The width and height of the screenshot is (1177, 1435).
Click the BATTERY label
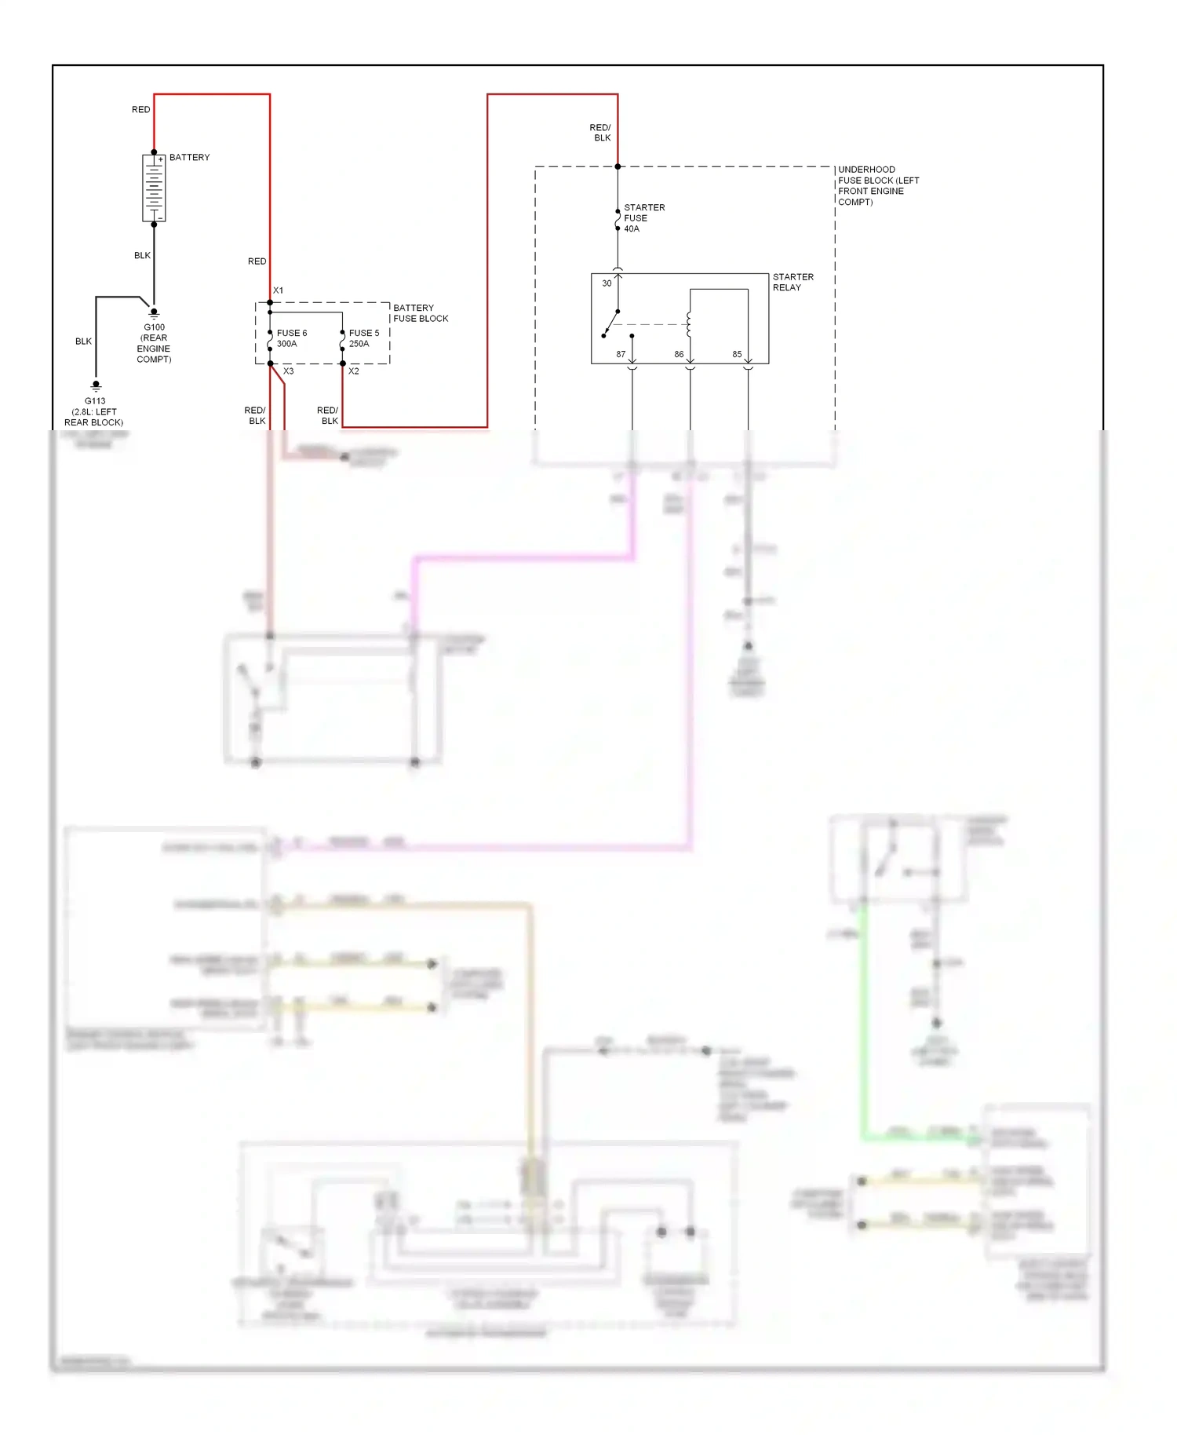pyautogui.click(x=189, y=158)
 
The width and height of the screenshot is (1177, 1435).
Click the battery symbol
pyautogui.click(x=154, y=188)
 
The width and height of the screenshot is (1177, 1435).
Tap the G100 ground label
pyautogui.click(x=154, y=343)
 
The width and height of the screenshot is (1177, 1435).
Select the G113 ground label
pyautogui.click(x=94, y=411)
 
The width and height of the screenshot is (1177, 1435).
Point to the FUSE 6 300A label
pyautogui.click(x=291, y=338)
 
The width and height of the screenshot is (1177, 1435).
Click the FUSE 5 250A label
pyautogui.click(x=363, y=338)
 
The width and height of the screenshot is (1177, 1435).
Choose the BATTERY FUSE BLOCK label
pyautogui.click(x=420, y=313)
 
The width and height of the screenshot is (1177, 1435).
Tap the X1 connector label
pyautogui.click(x=278, y=290)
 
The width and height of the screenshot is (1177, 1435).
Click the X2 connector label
pyautogui.click(x=354, y=371)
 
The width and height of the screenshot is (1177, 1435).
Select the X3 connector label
pyautogui.click(x=288, y=371)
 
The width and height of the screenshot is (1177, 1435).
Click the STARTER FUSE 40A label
pyautogui.click(x=643, y=218)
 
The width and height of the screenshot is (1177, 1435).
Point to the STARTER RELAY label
pyautogui.click(x=793, y=282)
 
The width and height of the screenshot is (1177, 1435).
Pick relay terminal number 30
pyautogui.click(x=607, y=283)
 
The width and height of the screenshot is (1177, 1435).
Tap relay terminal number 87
pyautogui.click(x=621, y=355)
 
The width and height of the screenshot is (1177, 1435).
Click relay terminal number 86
pyautogui.click(x=679, y=355)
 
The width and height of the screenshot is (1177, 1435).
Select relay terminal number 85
pyautogui.click(x=737, y=355)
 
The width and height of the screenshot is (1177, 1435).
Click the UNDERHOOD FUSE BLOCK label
pyautogui.click(x=877, y=186)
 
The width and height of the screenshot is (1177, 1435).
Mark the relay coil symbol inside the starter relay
pyautogui.click(x=688, y=324)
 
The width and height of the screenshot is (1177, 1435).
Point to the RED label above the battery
pyautogui.click(x=140, y=110)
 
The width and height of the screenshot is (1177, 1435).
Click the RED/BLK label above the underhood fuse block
pyautogui.click(x=600, y=133)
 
